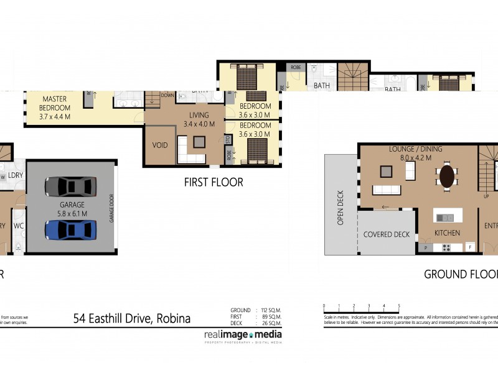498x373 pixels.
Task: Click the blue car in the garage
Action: click(x=70, y=229)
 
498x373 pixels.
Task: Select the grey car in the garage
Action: click(x=70, y=186)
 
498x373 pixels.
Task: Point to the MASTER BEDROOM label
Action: click(x=55, y=103)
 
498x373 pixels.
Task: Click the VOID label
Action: click(x=160, y=145)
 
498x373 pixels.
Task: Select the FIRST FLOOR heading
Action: click(x=214, y=183)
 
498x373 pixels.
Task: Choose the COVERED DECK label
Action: click(x=387, y=234)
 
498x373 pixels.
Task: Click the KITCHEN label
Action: click(x=447, y=233)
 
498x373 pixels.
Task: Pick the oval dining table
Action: click(x=447, y=176)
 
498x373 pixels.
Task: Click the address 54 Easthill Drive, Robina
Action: click(x=132, y=319)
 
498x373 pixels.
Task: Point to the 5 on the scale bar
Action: click(x=399, y=306)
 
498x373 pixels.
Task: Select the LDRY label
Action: click(x=16, y=176)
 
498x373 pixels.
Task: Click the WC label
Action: click(x=19, y=226)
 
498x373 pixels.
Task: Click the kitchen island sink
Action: click(x=445, y=218)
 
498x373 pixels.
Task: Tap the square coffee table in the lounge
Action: click(x=387, y=171)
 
